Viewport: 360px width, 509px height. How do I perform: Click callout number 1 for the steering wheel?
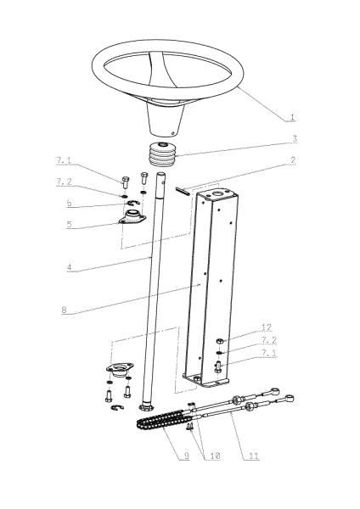[x=292, y=117]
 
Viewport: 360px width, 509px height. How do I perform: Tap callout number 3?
[x=295, y=138]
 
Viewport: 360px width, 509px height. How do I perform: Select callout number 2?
[x=293, y=160]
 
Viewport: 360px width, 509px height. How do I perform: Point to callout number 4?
[x=70, y=267]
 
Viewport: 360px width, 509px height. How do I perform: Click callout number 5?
[x=70, y=224]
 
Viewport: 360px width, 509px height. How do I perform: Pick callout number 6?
[x=70, y=204]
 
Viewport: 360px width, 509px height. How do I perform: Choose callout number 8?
[x=64, y=310]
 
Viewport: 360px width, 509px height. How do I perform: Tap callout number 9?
[x=187, y=456]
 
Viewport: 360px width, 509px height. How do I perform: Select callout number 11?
[x=254, y=456]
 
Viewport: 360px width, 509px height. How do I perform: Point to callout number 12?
[x=266, y=327]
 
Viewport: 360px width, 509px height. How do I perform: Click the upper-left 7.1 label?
[x=64, y=160]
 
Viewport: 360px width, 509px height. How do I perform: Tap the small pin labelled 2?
[x=183, y=190]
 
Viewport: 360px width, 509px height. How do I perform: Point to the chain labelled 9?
[x=160, y=420]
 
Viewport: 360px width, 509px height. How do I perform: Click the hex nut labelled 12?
[x=220, y=341]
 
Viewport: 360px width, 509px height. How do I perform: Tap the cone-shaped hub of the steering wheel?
[x=166, y=119]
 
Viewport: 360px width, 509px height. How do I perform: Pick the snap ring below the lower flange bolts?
[x=117, y=408]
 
